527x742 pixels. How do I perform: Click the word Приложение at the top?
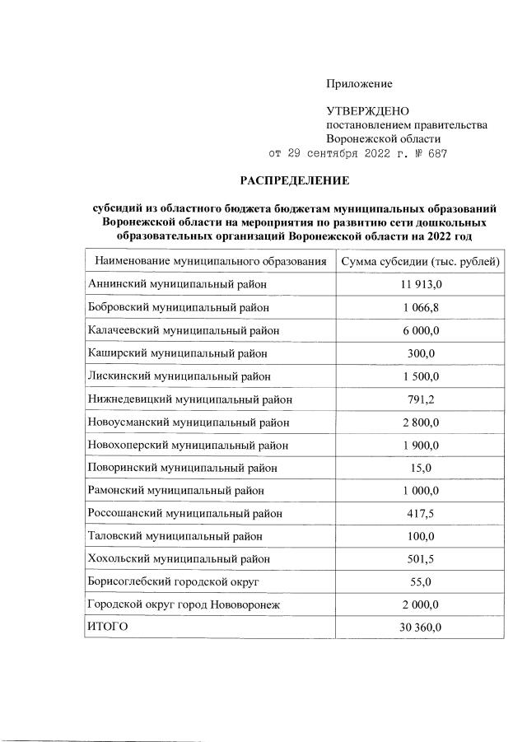(359, 83)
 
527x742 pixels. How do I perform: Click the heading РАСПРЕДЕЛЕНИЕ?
(295, 180)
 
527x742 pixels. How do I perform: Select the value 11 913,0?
(421, 285)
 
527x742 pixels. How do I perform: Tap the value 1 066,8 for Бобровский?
(421, 308)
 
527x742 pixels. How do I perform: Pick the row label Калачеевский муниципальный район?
(182, 330)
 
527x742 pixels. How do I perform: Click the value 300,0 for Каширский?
(421, 353)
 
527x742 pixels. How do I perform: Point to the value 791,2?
(421, 399)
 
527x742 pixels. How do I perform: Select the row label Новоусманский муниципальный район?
(188, 422)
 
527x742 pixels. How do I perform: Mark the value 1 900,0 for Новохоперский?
(421, 446)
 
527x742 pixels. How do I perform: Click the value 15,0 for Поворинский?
(421, 468)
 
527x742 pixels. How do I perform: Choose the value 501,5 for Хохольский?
(421, 559)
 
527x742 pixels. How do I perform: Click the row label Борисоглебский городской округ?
(173, 582)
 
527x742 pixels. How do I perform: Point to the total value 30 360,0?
(421, 628)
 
